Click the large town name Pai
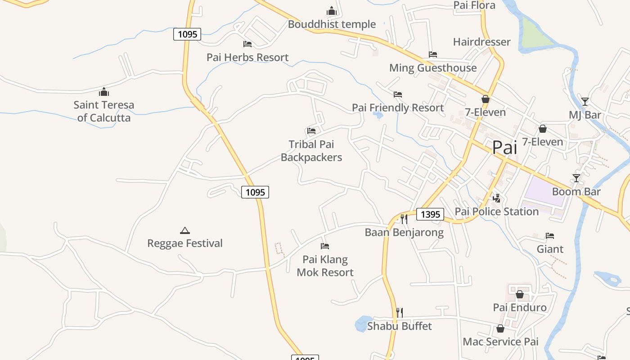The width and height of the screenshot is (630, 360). pyautogui.click(x=505, y=148)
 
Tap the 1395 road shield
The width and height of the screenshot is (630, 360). pyautogui.click(x=430, y=214)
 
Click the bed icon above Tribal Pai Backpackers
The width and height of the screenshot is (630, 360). pyautogui.click(x=311, y=131)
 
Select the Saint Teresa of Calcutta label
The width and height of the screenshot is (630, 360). pyautogui.click(x=104, y=111)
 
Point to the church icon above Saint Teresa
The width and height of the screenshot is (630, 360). pyautogui.click(x=104, y=92)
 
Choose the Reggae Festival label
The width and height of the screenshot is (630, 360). pyautogui.click(x=185, y=243)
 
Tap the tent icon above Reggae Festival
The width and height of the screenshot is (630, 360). pyautogui.click(x=184, y=230)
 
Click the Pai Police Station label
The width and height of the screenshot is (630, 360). pyautogui.click(x=497, y=211)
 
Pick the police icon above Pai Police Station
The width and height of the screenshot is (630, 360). pyautogui.click(x=497, y=198)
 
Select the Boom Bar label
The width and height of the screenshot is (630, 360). pyautogui.click(x=576, y=192)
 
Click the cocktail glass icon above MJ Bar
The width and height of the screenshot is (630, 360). pyautogui.click(x=585, y=101)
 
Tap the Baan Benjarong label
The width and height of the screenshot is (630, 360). pyautogui.click(x=404, y=233)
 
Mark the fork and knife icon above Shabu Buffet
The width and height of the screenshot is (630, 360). pyautogui.click(x=399, y=312)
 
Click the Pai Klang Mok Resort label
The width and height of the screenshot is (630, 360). pyautogui.click(x=325, y=266)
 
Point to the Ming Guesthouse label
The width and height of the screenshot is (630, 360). pyautogui.click(x=433, y=68)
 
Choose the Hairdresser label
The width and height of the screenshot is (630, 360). pyautogui.click(x=481, y=42)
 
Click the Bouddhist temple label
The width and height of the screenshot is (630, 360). pyautogui.click(x=332, y=24)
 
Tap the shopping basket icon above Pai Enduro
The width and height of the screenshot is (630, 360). pyautogui.click(x=520, y=294)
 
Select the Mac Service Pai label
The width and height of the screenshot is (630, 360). pyautogui.click(x=500, y=342)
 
